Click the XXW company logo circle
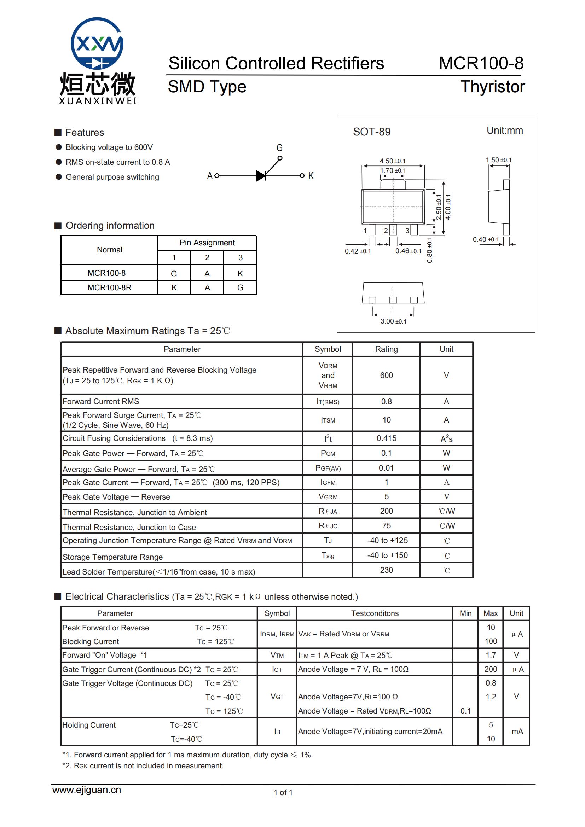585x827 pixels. [x=97, y=43]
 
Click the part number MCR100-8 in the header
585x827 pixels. [x=481, y=63]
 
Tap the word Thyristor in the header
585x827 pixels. [x=492, y=87]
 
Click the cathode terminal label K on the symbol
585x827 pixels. [x=311, y=176]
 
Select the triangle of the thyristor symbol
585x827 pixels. [x=260, y=176]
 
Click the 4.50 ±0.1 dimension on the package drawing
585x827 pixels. [x=392, y=161]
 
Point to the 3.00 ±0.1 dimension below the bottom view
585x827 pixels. [x=393, y=321]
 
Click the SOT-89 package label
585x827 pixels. [x=371, y=132]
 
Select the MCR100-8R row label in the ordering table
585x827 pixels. [x=109, y=288]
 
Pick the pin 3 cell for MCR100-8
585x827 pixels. [x=240, y=274]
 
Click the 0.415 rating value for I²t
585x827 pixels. [x=386, y=438]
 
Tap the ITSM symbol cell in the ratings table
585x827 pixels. [x=328, y=420]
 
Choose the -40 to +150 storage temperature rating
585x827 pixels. [x=387, y=555]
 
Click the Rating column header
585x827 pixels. [x=386, y=349]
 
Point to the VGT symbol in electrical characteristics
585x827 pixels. [x=277, y=697]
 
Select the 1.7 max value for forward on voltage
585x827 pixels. [x=491, y=655]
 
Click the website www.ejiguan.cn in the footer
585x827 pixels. [x=86, y=790]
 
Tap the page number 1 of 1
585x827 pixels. [x=283, y=792]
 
